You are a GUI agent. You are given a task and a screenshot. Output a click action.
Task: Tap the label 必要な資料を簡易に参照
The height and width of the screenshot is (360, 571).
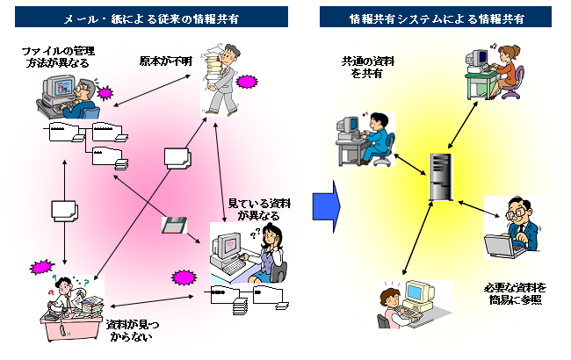(x=515, y=293)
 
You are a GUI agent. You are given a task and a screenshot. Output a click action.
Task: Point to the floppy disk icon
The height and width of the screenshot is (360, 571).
(x=173, y=226)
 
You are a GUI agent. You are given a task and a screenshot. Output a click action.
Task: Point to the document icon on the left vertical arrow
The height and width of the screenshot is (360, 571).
(x=64, y=212)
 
